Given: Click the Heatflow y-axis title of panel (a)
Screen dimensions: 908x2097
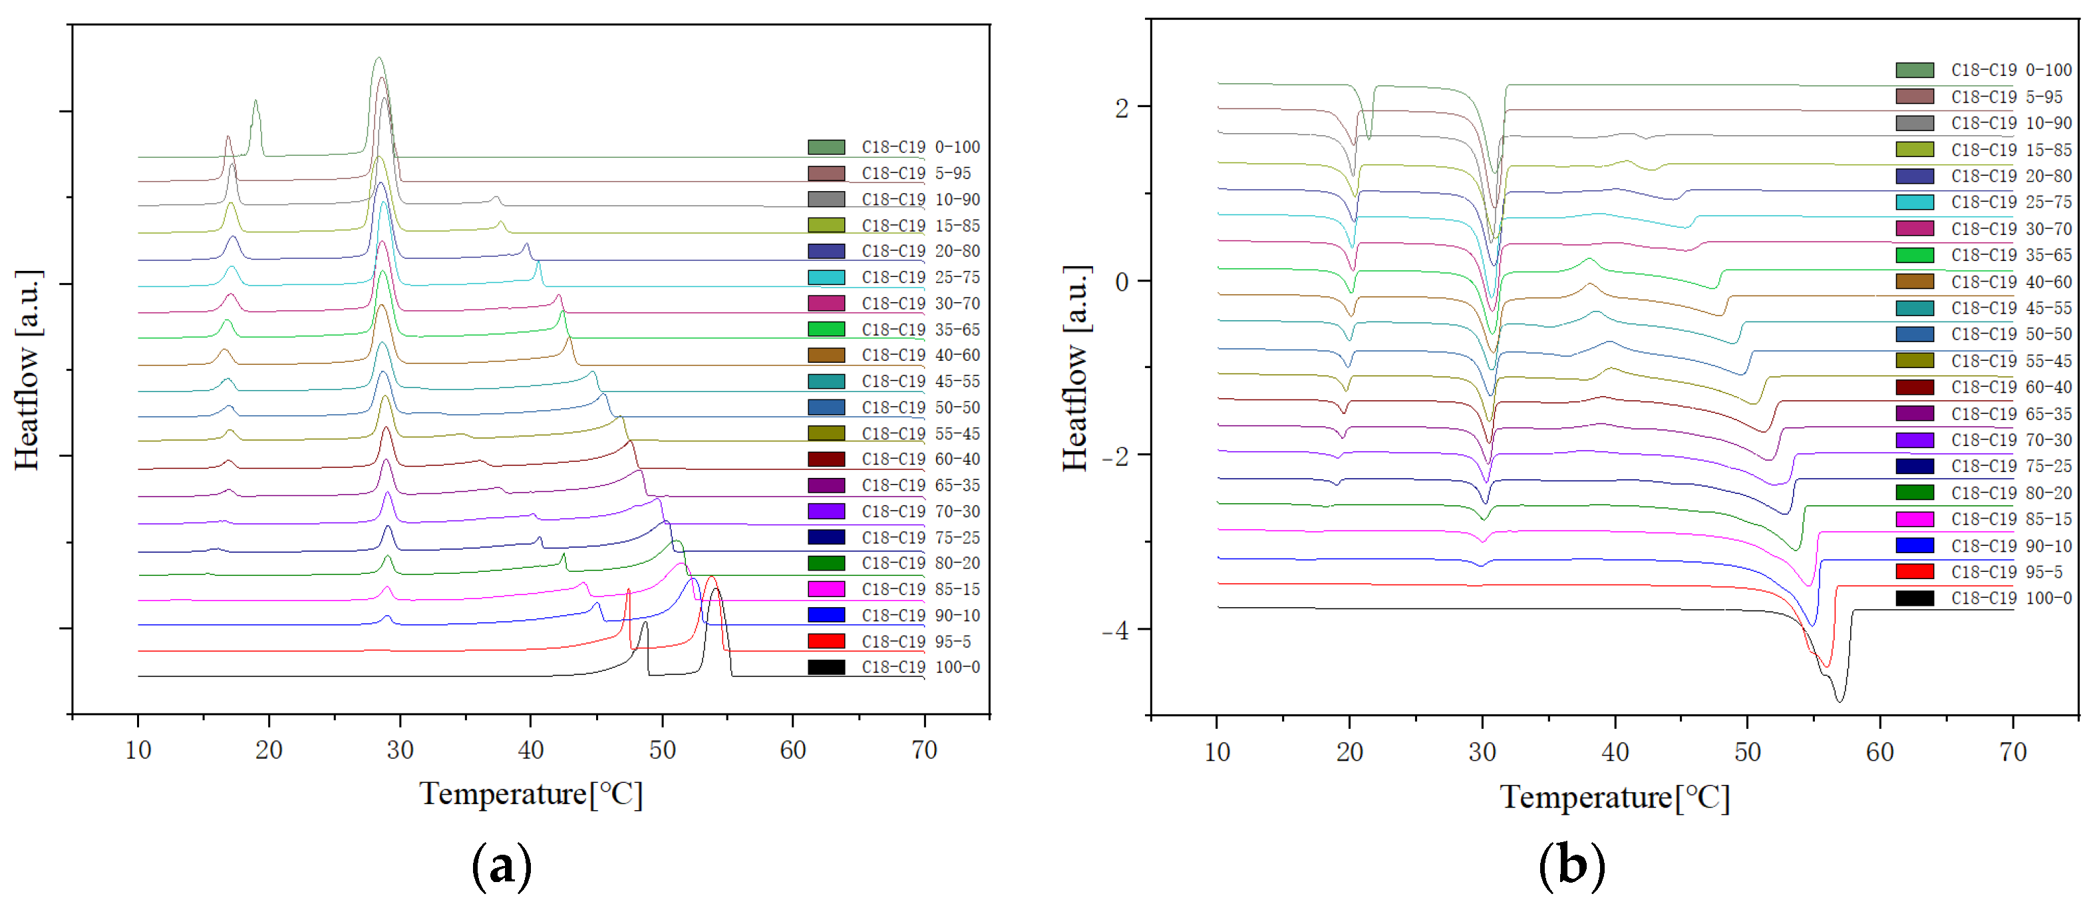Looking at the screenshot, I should coord(27,371).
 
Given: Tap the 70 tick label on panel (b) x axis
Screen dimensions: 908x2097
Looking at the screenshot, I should coord(2013,752).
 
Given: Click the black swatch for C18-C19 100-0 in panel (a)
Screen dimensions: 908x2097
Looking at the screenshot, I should coord(826,667).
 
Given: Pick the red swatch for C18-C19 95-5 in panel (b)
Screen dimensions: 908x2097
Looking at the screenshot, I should coord(1915,572).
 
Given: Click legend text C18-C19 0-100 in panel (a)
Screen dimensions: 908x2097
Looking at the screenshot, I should coord(921,147).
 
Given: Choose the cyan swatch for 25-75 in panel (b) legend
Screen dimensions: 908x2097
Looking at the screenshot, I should coord(1915,202).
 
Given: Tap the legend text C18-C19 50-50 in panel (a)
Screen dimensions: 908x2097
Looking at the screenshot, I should coord(921,407).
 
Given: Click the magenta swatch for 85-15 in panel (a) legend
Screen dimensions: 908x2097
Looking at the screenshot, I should coord(826,588).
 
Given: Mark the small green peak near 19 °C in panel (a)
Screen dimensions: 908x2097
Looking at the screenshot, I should coord(255,103).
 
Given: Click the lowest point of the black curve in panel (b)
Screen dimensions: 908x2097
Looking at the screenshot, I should coord(1839,700).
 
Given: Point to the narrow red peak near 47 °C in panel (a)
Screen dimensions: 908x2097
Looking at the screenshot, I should coord(629,591).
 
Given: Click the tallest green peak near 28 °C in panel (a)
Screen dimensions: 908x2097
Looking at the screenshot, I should coord(378,59).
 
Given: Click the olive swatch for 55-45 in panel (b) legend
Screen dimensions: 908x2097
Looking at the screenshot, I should coord(1915,361).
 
